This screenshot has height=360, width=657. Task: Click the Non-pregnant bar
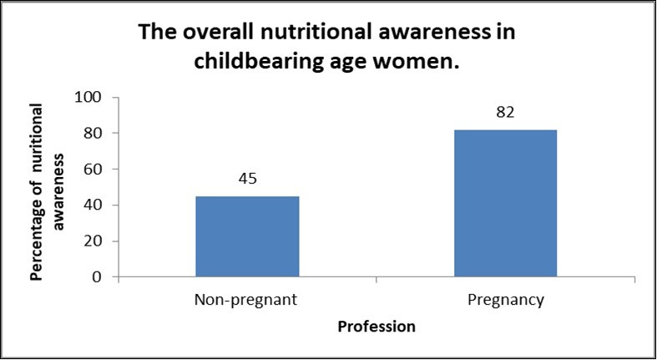pyautogui.click(x=247, y=236)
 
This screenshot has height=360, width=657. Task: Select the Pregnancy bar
pyautogui.click(x=505, y=203)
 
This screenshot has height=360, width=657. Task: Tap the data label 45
pyautogui.click(x=247, y=179)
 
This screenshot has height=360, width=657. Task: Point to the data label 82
pyautogui.click(x=505, y=112)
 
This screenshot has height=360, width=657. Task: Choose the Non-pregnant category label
pyautogui.click(x=247, y=301)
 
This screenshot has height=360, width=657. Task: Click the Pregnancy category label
pyautogui.click(x=505, y=301)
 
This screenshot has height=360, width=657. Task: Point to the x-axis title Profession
pyautogui.click(x=376, y=327)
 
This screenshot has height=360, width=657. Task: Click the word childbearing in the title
pyautogui.click(x=264, y=63)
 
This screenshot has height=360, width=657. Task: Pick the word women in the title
pyautogui.click(x=425, y=63)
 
